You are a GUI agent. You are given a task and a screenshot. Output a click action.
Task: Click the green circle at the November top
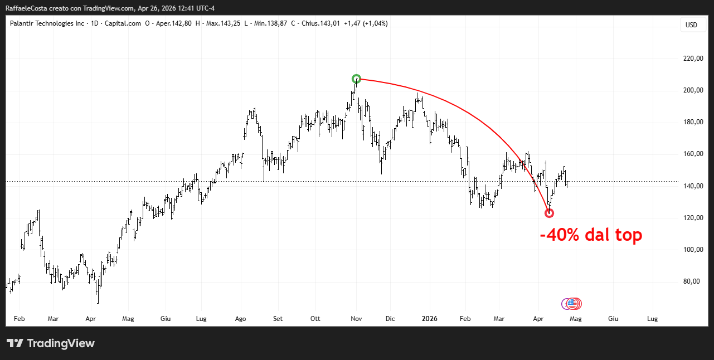click(x=357, y=79)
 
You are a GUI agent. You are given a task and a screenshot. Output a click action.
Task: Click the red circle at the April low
click(x=549, y=213)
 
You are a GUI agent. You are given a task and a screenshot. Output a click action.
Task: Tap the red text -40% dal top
click(x=591, y=235)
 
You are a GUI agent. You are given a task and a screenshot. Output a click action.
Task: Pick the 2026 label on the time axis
click(x=430, y=319)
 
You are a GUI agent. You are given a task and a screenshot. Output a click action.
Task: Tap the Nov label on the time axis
click(x=357, y=319)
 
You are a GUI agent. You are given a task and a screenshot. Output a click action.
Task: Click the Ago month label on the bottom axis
click(x=241, y=319)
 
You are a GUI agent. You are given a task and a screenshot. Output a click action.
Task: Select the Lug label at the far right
click(x=652, y=319)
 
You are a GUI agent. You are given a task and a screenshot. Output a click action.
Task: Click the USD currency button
click(x=691, y=25)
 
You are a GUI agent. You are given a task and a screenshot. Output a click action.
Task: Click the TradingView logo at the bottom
click(x=51, y=343)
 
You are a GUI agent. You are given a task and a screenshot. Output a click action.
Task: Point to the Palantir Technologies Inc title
click(x=47, y=23)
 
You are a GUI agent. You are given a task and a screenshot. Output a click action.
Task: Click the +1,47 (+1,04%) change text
click(x=366, y=23)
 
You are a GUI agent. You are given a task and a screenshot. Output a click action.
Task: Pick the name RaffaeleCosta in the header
click(x=26, y=8)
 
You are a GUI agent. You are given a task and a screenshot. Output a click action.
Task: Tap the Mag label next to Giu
click(x=576, y=319)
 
